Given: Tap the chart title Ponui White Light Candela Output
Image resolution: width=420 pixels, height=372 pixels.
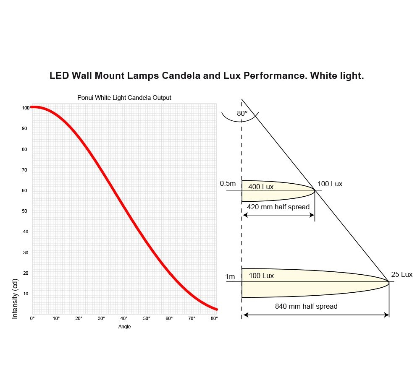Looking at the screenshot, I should click(x=124, y=98).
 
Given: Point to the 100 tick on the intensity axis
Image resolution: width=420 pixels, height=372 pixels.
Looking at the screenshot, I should click(x=26, y=108).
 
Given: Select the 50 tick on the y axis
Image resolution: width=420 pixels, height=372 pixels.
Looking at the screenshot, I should click(x=25, y=211).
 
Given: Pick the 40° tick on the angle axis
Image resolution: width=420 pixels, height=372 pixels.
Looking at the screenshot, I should click(x=124, y=319).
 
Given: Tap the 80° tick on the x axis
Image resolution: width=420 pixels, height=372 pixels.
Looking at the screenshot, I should click(x=214, y=319).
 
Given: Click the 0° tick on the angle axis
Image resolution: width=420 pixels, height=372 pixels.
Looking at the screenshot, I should click(x=32, y=319).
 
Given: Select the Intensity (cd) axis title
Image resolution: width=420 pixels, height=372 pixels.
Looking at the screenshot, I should click(x=15, y=298).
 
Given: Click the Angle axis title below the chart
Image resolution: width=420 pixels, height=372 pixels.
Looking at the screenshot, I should click(x=124, y=327).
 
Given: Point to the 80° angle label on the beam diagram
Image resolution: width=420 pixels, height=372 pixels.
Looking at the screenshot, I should click(x=242, y=113).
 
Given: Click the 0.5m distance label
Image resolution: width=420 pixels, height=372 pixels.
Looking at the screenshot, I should click(x=228, y=184).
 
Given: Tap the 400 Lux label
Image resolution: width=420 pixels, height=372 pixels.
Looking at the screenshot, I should click(x=261, y=187).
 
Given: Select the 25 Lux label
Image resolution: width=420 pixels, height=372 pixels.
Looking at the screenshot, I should click(x=402, y=275).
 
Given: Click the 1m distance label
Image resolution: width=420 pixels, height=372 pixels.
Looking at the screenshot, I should click(x=230, y=276).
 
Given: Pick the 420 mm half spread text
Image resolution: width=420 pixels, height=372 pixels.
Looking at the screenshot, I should click(x=278, y=207).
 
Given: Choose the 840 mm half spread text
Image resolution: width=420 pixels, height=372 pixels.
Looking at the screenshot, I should click(x=306, y=306).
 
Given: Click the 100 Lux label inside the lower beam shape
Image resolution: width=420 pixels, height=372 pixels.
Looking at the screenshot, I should click(x=261, y=276).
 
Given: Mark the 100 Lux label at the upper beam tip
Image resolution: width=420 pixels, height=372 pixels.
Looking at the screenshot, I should click(x=330, y=184).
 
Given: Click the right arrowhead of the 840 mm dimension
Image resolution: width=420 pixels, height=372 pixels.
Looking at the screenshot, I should click(x=387, y=315).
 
